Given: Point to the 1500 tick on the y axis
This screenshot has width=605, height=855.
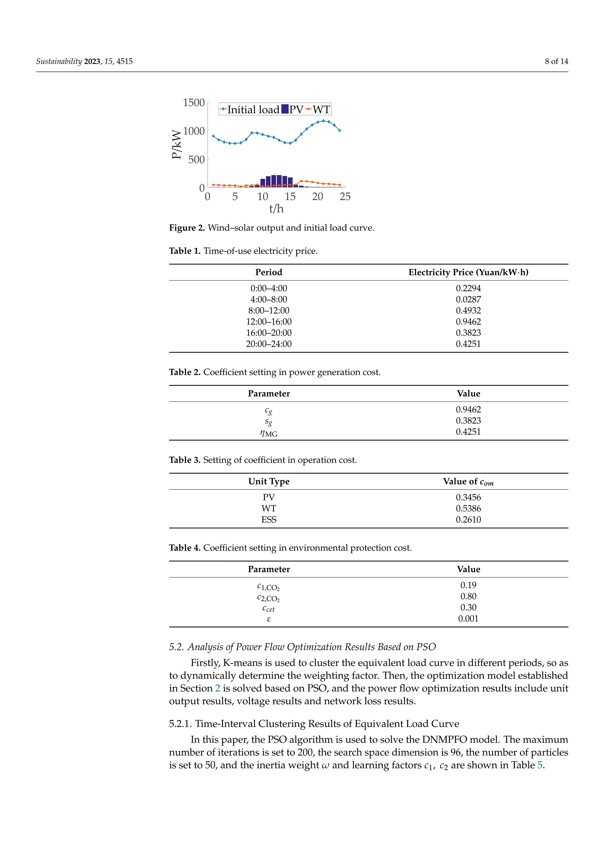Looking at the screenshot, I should click(194, 103).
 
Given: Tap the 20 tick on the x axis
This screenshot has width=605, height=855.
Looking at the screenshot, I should click(317, 197).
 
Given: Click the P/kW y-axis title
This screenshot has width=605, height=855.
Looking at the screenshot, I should click(177, 144).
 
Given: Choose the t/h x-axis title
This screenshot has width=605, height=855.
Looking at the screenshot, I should click(277, 208).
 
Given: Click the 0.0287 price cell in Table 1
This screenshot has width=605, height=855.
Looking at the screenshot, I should click(468, 299).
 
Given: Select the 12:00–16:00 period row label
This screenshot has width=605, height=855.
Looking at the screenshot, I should click(269, 322).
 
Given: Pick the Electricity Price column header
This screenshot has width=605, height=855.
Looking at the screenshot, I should click(468, 272).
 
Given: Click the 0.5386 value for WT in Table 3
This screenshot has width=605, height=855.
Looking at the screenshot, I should click(468, 508).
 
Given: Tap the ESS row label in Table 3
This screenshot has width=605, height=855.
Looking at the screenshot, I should click(269, 520).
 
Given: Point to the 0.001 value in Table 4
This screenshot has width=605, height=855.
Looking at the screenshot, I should click(468, 619).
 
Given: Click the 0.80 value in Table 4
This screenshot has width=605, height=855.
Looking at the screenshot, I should click(468, 596).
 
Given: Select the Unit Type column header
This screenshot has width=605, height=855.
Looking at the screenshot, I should click(269, 482).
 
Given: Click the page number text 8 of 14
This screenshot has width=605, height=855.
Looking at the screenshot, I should click(556, 61).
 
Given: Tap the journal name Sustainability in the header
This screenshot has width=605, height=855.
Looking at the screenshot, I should click(59, 61).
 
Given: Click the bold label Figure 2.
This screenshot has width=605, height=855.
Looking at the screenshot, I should click(187, 228).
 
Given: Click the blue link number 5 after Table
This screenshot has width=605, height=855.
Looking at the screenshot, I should click(539, 765).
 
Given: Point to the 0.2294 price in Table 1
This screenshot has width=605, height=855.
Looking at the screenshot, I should click(468, 288).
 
